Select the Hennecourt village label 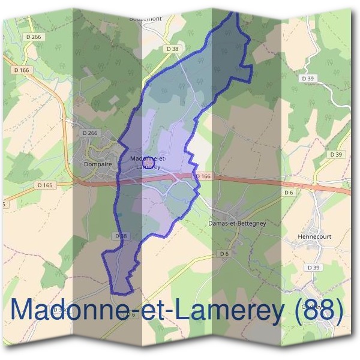pyautogui.click(x=314, y=236)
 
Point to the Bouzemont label pyautogui.click(x=145, y=19)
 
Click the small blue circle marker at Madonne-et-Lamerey pyautogui.click(x=150, y=162)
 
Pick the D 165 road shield pyautogui.click(x=45, y=185)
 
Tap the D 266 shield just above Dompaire pyautogui.click(x=89, y=133)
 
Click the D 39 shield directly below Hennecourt pyautogui.click(x=313, y=266)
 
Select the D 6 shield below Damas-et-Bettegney pyautogui.click(x=224, y=254)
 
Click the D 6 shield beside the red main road pyautogui.click(x=289, y=192)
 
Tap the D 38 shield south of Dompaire pyautogui.click(x=121, y=236)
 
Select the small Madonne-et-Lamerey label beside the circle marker pyautogui.click(x=148, y=161)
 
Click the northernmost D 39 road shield pyautogui.click(x=308, y=79)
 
